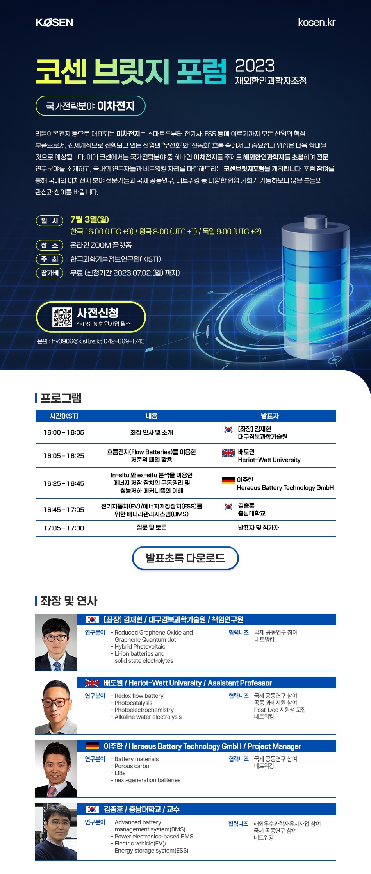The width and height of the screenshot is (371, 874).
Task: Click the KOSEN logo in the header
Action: click(x=54, y=23)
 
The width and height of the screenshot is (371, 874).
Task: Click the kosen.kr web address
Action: click(x=316, y=23)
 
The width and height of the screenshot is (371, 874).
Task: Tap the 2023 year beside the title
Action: click(x=255, y=66)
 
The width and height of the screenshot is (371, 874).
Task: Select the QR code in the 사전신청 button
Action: click(x=62, y=317)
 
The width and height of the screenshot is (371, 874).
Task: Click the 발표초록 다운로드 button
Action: click(x=185, y=558)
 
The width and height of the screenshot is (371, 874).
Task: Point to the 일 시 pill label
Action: click(x=50, y=221)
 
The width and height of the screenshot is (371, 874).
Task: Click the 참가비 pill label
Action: click(x=50, y=273)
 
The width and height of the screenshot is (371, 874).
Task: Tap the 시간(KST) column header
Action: click(x=64, y=416)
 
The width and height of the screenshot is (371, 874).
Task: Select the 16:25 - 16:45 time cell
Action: click(x=64, y=483)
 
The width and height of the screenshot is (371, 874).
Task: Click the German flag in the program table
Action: click(x=228, y=480)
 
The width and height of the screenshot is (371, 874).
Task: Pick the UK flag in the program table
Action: click(x=228, y=453)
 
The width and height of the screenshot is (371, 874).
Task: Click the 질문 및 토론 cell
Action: click(x=152, y=528)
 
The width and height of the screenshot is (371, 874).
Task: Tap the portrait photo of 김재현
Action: click(x=56, y=642)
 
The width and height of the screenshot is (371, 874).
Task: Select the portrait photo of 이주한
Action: click(x=56, y=769)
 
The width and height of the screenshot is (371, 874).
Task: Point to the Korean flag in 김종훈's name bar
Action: click(x=93, y=809)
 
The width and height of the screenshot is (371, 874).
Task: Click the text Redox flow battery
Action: click(x=139, y=696)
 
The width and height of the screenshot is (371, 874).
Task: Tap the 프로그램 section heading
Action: click(x=61, y=398)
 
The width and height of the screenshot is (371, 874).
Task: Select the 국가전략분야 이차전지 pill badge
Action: click(x=91, y=106)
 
